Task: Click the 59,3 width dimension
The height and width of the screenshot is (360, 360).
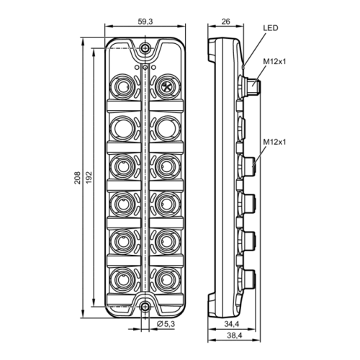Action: (x=145, y=22)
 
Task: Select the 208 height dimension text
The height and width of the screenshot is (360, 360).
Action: (x=77, y=178)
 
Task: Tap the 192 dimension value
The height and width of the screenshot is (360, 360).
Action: (x=89, y=178)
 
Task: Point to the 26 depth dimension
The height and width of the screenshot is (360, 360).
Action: (x=225, y=22)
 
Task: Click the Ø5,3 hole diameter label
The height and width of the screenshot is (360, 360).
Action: (x=166, y=324)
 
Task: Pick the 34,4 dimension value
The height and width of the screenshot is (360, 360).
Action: (x=232, y=324)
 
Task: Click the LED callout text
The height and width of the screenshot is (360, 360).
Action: (x=271, y=28)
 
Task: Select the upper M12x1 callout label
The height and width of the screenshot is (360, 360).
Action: (x=274, y=62)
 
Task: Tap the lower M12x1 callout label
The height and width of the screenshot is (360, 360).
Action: (x=274, y=142)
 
